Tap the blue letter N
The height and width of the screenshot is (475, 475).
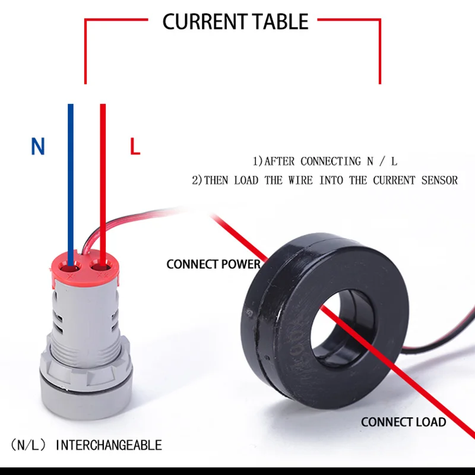38,146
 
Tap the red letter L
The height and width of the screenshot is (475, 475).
135,147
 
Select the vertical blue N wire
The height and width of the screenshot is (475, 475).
71,178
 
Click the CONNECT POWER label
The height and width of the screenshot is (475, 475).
213,264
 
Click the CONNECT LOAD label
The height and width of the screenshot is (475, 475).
403,422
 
